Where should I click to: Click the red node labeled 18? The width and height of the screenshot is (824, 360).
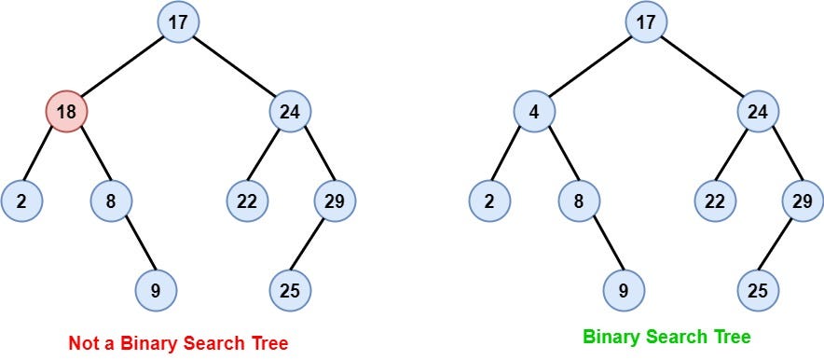tap(66, 111)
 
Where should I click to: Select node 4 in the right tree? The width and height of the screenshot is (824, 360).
tap(534, 111)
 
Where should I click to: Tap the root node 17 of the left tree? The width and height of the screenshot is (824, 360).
tap(179, 22)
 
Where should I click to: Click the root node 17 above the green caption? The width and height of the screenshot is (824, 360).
tap(646, 22)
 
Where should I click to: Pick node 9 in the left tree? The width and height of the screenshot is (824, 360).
tap(156, 290)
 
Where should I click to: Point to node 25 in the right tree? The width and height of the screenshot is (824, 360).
tap(758, 290)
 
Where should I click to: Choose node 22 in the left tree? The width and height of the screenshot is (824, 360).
tap(247, 201)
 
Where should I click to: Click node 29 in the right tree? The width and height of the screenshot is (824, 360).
tap(803, 201)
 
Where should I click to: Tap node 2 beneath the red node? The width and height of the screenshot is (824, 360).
tap(21, 201)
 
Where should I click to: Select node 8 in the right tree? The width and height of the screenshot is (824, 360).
tap(579, 201)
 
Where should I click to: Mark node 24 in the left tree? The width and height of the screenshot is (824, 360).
tap(290, 111)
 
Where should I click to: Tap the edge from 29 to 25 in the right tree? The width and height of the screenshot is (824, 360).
tap(780, 245)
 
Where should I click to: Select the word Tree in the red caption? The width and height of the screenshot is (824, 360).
tap(269, 344)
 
